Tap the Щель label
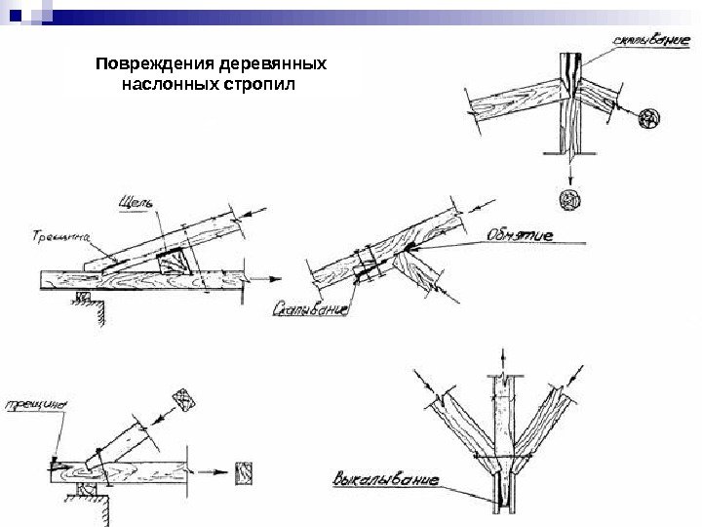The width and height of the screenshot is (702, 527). tap(134, 202)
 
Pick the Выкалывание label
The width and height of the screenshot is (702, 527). tap(385, 480)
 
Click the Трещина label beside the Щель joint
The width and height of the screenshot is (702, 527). tap(60, 235)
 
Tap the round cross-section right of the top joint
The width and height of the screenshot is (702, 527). tap(648, 119)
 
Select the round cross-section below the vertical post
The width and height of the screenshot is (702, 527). tap(568, 201)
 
